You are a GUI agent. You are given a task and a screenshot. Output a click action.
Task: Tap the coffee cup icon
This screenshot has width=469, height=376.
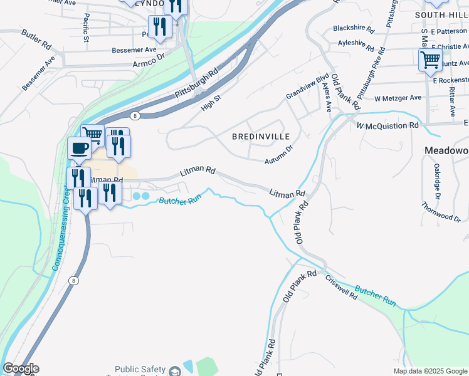79,149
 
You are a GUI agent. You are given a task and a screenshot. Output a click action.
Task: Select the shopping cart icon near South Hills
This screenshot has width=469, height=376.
430,60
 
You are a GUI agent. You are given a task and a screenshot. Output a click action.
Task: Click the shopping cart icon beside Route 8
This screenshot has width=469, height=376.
93,133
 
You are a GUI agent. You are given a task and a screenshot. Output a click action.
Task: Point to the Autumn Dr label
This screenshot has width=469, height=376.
279,154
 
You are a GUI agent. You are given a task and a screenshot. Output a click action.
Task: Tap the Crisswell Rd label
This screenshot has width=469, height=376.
340,286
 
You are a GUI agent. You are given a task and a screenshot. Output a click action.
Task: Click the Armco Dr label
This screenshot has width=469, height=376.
148,64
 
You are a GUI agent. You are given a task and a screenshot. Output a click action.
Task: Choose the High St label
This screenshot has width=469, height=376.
211,100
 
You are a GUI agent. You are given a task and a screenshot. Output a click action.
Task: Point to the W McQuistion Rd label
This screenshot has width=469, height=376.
387,125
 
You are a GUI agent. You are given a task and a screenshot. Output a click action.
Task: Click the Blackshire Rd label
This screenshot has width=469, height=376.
354,29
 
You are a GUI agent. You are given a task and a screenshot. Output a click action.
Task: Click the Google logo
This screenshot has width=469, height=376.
20,368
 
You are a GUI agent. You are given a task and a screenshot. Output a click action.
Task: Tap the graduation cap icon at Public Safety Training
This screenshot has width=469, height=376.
172,371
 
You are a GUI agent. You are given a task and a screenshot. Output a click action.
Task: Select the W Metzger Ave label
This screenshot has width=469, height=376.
398,98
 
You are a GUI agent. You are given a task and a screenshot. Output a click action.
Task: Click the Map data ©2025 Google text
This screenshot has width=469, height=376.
429,371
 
